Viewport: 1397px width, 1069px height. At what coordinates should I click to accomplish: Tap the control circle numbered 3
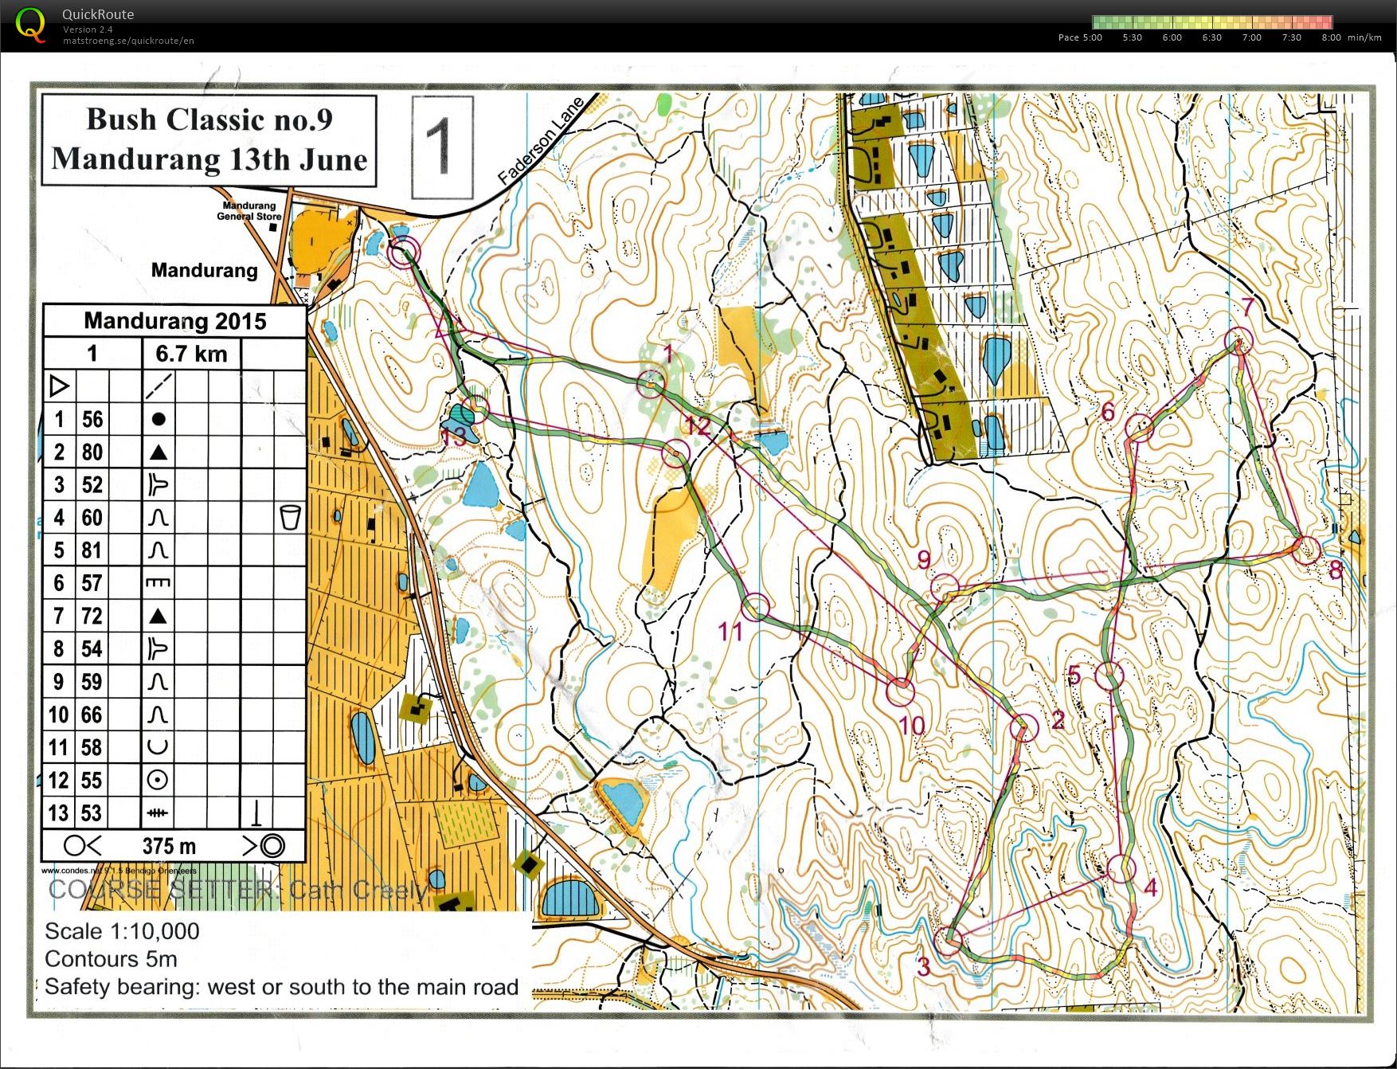948,942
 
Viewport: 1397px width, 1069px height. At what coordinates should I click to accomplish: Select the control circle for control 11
756,607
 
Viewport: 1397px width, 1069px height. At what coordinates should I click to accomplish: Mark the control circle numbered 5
1109,675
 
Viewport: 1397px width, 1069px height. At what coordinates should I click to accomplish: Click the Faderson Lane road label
541,143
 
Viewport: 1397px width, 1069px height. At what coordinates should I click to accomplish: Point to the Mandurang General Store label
248,210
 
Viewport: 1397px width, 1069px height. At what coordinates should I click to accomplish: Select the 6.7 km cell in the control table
191,354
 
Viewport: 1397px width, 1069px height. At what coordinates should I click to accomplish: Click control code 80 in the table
92,452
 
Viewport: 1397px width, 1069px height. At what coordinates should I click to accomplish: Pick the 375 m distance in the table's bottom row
169,846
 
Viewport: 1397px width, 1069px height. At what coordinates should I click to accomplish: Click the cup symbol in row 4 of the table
291,518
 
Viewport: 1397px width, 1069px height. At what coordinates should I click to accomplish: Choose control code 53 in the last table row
92,813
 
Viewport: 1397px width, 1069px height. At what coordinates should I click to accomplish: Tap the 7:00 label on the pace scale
1251,37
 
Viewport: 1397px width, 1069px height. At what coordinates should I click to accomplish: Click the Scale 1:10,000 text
122,931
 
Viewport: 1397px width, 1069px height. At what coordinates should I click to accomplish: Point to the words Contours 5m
111,959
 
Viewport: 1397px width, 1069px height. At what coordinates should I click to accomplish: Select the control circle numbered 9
945,588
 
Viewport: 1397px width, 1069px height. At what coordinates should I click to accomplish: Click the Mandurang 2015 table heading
174,321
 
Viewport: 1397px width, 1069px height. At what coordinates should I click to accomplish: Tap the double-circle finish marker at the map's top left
404,253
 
